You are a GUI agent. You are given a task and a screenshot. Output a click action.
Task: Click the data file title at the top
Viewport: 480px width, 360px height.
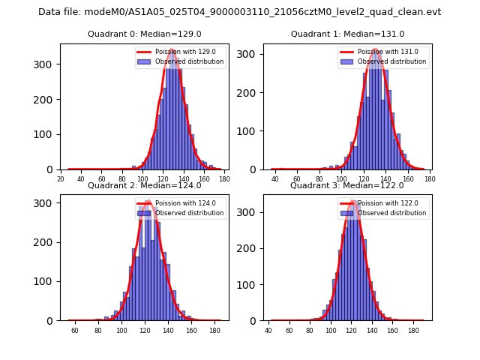(x=240, y=12)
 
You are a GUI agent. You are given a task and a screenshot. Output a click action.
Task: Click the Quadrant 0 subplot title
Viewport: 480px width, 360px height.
(x=145, y=34)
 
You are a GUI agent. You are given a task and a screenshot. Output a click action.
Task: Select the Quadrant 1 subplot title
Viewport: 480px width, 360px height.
(x=347, y=34)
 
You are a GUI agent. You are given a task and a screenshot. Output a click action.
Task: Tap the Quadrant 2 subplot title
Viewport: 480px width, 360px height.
(x=145, y=185)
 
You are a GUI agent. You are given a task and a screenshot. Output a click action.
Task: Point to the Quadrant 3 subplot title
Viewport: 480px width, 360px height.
(x=347, y=185)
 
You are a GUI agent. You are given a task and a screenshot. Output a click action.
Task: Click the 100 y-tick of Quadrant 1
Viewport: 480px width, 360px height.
(x=252, y=131)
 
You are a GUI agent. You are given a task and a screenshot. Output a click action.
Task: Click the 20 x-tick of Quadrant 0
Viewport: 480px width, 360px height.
(x=61, y=178)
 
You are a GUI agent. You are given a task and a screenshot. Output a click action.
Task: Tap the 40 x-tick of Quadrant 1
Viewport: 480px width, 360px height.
(x=275, y=178)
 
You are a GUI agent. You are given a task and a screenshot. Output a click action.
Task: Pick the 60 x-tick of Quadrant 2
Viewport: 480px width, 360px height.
(x=75, y=330)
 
